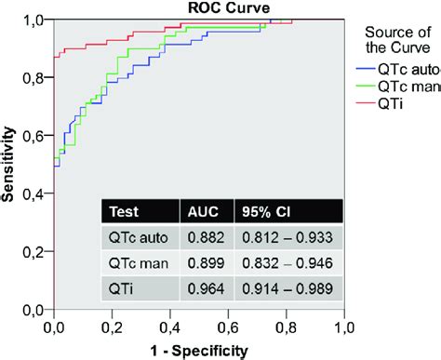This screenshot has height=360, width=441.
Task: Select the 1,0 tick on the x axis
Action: (x=344, y=327)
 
